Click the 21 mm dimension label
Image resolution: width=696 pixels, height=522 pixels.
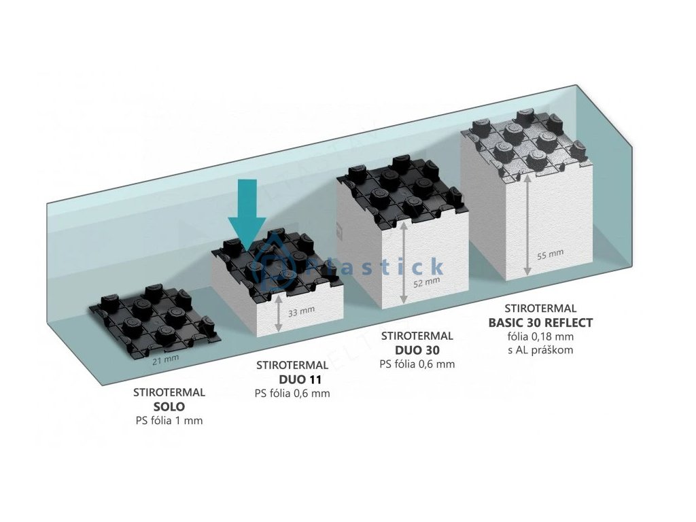point(162,361)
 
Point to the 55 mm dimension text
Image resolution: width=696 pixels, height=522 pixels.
point(551,254)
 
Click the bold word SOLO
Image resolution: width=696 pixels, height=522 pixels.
point(169,406)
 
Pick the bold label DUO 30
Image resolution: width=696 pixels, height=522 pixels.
point(417,350)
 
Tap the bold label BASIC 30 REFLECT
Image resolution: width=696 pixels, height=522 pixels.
point(540,322)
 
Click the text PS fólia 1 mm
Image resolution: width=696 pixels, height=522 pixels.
point(169,421)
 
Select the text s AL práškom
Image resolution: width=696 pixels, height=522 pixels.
point(540,350)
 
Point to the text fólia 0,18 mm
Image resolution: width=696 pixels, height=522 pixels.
point(540,336)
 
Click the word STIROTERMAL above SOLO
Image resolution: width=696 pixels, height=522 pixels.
point(169,392)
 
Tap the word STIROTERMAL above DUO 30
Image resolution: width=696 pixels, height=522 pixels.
point(417,336)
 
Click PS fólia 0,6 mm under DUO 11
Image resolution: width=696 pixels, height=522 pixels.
point(292,393)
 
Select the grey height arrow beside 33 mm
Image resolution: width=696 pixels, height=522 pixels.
point(278,316)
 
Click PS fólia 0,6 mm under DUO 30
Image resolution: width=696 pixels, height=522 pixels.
point(417,364)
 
